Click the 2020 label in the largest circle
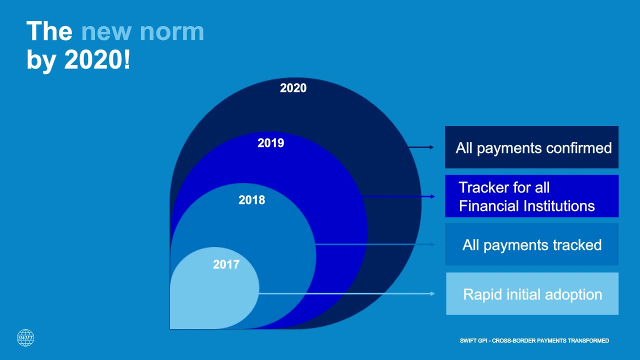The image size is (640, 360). coord(293,88)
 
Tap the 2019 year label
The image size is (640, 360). coord(271,143)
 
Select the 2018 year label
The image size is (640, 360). coord(251,200)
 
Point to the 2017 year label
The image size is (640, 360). coord(226,264)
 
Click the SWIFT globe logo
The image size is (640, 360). coord(25,337)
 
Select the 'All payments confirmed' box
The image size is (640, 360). coord(531,147)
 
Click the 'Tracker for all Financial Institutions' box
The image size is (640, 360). coord(531,196)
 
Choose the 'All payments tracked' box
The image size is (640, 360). coord(531,244)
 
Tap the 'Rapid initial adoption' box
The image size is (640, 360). coord(532,293)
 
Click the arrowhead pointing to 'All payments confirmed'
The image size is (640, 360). coord(432,147)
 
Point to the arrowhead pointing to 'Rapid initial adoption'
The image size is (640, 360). coord(432,293)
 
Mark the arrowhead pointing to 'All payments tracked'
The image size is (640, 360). coord(432,244)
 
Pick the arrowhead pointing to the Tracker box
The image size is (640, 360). coord(432,196)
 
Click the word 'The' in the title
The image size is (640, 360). coord(49,31)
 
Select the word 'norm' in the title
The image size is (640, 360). coord(172,32)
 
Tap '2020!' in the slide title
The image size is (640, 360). coord(97,59)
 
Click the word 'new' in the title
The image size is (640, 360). coord(106,32)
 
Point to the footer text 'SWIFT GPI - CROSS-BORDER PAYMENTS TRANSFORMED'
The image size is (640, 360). coord(534,340)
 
